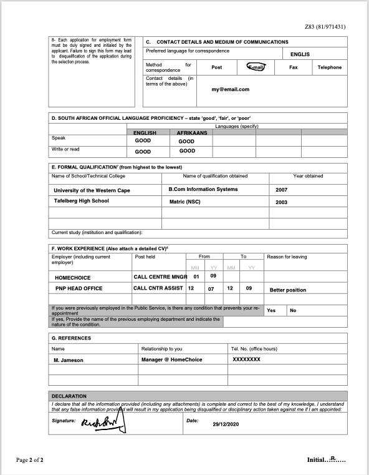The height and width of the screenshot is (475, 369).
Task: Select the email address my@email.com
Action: pyautogui.click(x=231, y=89)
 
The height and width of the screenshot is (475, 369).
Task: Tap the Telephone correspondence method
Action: pyautogui.click(x=329, y=67)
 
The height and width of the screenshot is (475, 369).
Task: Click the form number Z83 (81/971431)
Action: pyautogui.click(x=334, y=27)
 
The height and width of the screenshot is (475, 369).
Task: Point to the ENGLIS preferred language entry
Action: pyautogui.click(x=300, y=54)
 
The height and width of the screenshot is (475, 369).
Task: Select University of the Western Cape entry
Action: pyautogui.click(x=92, y=190)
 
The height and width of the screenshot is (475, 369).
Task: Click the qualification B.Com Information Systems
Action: pyautogui.click(x=203, y=189)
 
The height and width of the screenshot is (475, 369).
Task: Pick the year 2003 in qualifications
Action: pyautogui.click(x=281, y=202)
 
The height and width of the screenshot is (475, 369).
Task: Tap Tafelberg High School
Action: pyautogui.click(x=81, y=201)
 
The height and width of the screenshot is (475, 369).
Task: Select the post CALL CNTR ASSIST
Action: pyautogui.click(x=157, y=288)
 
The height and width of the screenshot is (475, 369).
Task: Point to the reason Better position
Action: pyautogui.click(x=288, y=290)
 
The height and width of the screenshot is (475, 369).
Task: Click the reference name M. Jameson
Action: pyautogui.click(x=69, y=360)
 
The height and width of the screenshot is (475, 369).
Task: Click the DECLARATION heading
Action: pyautogui.click(x=69, y=396)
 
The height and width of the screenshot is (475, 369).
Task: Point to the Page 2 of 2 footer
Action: pyautogui.click(x=30, y=460)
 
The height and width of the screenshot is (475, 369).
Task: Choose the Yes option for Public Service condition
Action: pyautogui.click(x=271, y=310)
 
